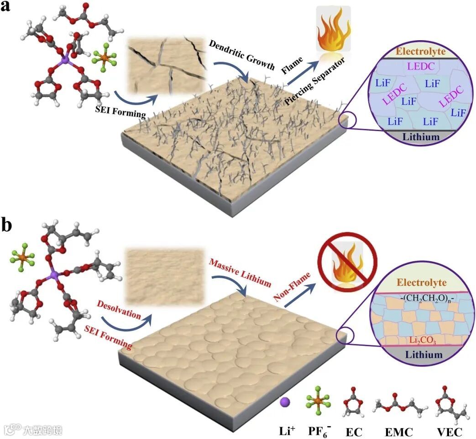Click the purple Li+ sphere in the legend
(x=284, y=402)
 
